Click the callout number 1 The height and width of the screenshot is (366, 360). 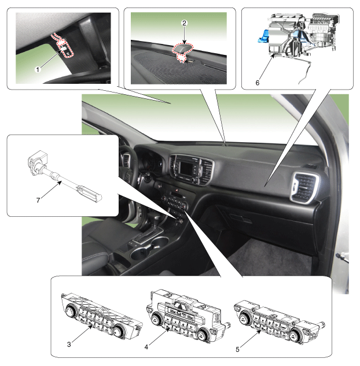click(x=38, y=69)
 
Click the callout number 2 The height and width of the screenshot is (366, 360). click(x=184, y=23)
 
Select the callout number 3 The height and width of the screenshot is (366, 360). click(x=69, y=344)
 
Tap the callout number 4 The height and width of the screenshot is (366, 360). click(x=146, y=347)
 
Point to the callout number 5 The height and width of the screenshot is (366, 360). click(x=237, y=349)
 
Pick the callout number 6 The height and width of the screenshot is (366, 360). click(x=258, y=83)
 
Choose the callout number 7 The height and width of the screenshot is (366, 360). click(x=38, y=200)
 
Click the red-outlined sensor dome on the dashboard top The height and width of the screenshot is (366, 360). click(x=183, y=49)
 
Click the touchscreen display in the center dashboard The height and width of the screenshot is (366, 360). click(x=186, y=168)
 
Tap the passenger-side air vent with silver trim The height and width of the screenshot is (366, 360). click(x=304, y=187)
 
